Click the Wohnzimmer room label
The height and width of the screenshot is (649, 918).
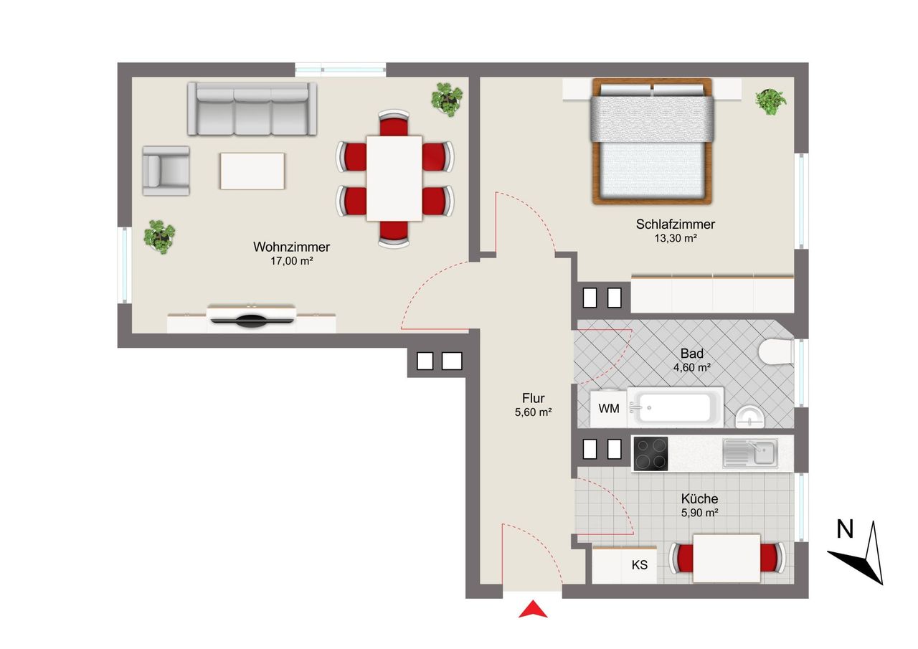coord(291,247)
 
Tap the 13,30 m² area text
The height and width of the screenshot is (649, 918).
coord(676,238)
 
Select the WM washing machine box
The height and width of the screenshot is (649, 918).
coord(609,409)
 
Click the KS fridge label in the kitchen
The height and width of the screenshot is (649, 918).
coord(639,565)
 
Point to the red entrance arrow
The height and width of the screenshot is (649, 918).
coord(533,609)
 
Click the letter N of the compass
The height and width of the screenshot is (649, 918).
coord(845,529)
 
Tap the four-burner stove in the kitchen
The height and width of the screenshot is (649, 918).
coord(650,453)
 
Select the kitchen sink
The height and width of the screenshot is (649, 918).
coord(750,453)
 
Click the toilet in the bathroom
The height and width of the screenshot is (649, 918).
coord(776,351)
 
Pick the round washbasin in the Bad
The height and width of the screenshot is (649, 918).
coord(750,417)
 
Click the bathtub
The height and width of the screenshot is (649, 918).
coord(676,407)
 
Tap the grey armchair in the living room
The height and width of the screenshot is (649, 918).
coord(166,171)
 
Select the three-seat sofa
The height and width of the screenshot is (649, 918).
coord(252,108)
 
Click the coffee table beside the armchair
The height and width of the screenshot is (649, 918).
coord(252,171)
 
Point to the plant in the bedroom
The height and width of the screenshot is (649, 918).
coord(771,102)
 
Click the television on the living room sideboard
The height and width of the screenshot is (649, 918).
coord(251,320)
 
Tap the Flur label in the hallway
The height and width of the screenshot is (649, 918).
coord(533,398)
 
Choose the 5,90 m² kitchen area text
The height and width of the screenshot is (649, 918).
coord(699,513)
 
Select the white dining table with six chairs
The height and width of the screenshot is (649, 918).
coord(394,179)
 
